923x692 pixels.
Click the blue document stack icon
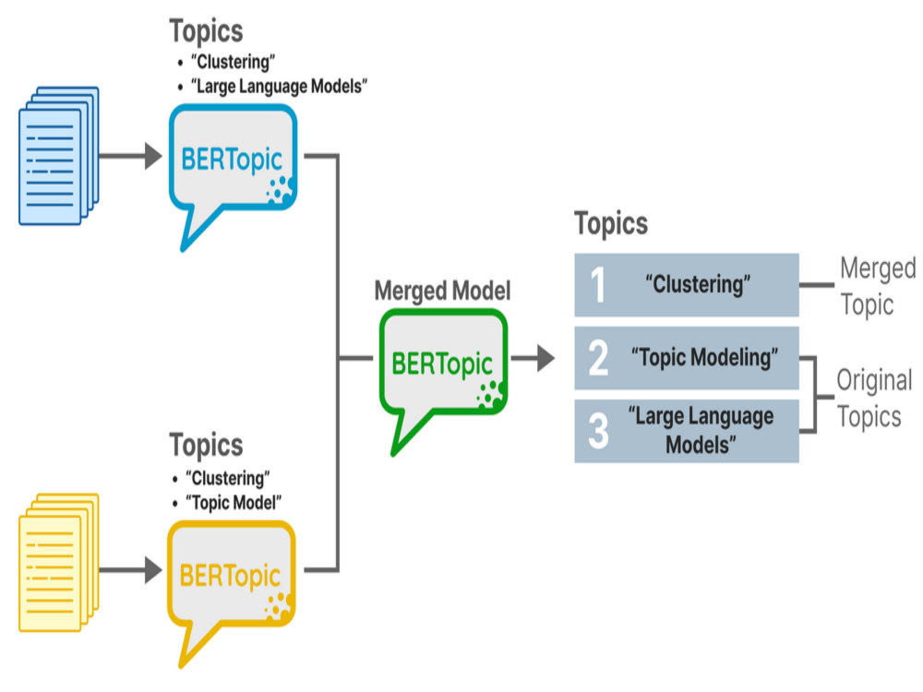59,156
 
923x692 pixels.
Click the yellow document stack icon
59,563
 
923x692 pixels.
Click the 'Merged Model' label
443,291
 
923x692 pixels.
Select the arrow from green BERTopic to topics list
533,358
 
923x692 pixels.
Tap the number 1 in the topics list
598,285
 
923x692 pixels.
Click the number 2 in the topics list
599,358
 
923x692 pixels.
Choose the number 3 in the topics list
599,431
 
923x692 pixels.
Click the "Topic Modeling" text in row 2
704,357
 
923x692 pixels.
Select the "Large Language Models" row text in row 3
701,431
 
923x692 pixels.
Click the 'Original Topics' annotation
875,399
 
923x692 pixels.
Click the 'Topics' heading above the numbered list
611,224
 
